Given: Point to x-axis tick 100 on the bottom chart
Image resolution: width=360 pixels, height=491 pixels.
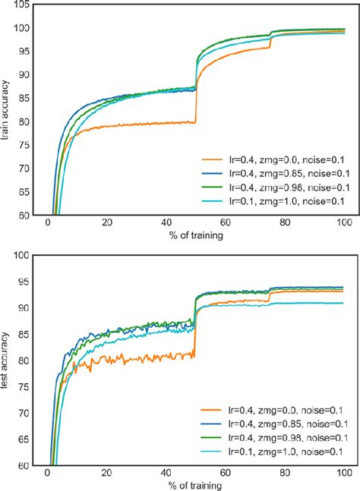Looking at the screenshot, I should tap(343, 473).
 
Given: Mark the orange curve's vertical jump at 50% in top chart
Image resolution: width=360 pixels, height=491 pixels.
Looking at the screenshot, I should tap(196, 102).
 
